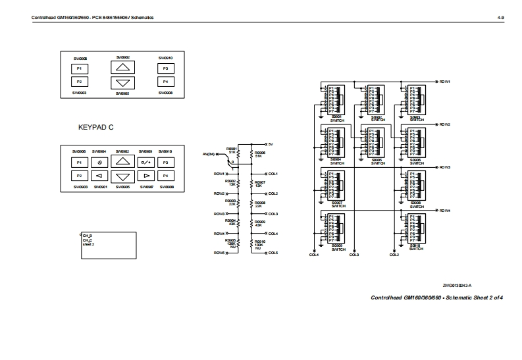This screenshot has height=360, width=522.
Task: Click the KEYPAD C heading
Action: pos(95,127)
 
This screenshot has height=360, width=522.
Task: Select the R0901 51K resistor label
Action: pos(231,151)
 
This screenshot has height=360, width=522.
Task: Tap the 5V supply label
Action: pos(271,143)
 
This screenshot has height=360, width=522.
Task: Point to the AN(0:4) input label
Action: pos(209,154)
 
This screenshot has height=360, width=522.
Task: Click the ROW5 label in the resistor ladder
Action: pos(220,253)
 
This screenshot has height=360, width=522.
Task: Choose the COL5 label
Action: pos(273,253)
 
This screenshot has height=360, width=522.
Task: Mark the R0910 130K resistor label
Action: pos(259,244)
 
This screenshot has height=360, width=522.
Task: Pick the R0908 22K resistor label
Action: pos(259,205)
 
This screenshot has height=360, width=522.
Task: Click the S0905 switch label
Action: pos(377,160)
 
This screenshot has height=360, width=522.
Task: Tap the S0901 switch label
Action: pos(338,118)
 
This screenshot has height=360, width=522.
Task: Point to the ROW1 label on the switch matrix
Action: pos(444,82)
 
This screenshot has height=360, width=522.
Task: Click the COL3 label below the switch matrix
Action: pos(354,255)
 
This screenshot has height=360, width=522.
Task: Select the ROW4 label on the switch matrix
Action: pos(444,211)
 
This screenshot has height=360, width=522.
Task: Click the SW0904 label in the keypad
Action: pos(99,151)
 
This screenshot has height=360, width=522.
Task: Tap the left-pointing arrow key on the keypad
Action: pos(99,176)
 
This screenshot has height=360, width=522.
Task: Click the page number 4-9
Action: pos(500,18)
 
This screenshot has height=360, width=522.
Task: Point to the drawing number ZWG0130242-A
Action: pos(456,285)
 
